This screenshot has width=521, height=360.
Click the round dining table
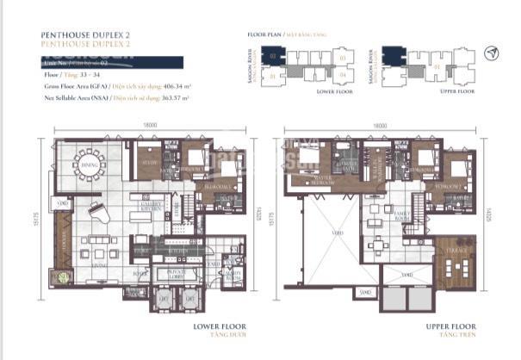coord(86,163)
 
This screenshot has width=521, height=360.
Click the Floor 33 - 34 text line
coord(72,76)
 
